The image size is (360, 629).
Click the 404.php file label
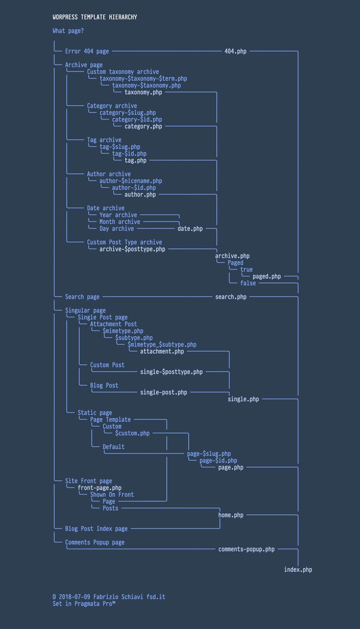[235, 51]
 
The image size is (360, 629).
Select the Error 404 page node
[87, 51]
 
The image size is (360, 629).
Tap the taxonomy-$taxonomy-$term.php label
[143, 79]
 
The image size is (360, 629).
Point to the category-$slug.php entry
[127, 113]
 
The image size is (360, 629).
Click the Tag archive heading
[104, 140]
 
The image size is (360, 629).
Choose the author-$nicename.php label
[130, 181]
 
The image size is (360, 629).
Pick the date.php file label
[190, 229]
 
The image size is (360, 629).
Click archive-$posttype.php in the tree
[132, 249]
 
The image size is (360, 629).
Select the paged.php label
[266, 276]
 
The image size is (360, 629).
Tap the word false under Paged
[248, 283]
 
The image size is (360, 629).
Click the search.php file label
[231, 297]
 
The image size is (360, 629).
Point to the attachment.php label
[162, 351]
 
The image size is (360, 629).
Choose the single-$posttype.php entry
[171, 372]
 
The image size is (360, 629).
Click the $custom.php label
[132, 433]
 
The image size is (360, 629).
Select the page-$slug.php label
[209, 453]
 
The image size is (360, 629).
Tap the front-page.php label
[100, 487]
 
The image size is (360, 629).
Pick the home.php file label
[231, 515]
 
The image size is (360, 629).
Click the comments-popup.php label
[246, 549]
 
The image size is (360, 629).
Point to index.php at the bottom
[298, 569]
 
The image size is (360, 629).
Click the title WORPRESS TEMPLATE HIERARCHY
[95, 17]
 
